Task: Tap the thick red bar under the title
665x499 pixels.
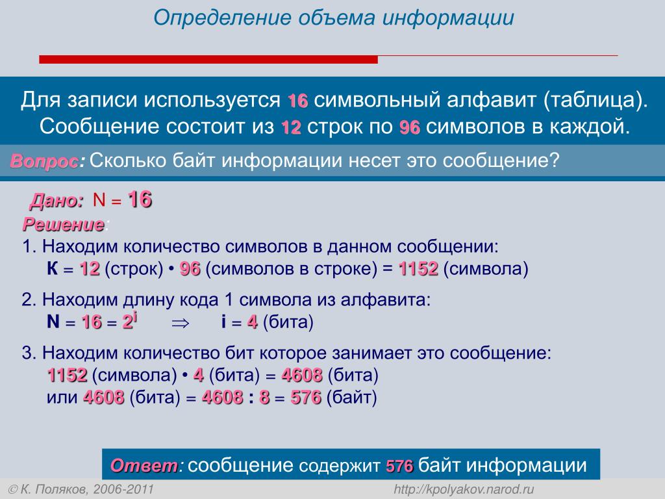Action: [x=208, y=59]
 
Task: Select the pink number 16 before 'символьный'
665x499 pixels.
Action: [x=297, y=101]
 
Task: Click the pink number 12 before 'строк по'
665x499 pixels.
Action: [x=291, y=127]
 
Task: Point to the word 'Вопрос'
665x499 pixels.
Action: [x=44, y=161]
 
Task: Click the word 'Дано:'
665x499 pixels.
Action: [x=56, y=201]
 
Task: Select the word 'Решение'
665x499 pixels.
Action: [x=64, y=224]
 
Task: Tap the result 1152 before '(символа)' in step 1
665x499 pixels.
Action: [x=418, y=268]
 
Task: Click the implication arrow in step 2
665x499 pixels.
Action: [x=181, y=324]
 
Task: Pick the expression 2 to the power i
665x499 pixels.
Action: [x=130, y=321]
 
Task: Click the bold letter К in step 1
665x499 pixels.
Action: [x=53, y=268]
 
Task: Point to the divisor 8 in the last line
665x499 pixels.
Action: [x=264, y=398]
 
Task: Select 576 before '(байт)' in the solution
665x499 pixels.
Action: [x=306, y=398]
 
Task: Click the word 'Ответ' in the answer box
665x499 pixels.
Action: [x=144, y=466]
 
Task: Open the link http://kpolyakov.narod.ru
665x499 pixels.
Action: [x=464, y=489]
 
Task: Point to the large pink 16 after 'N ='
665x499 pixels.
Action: [x=140, y=199]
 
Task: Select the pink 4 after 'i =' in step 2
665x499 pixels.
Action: [x=253, y=322]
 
